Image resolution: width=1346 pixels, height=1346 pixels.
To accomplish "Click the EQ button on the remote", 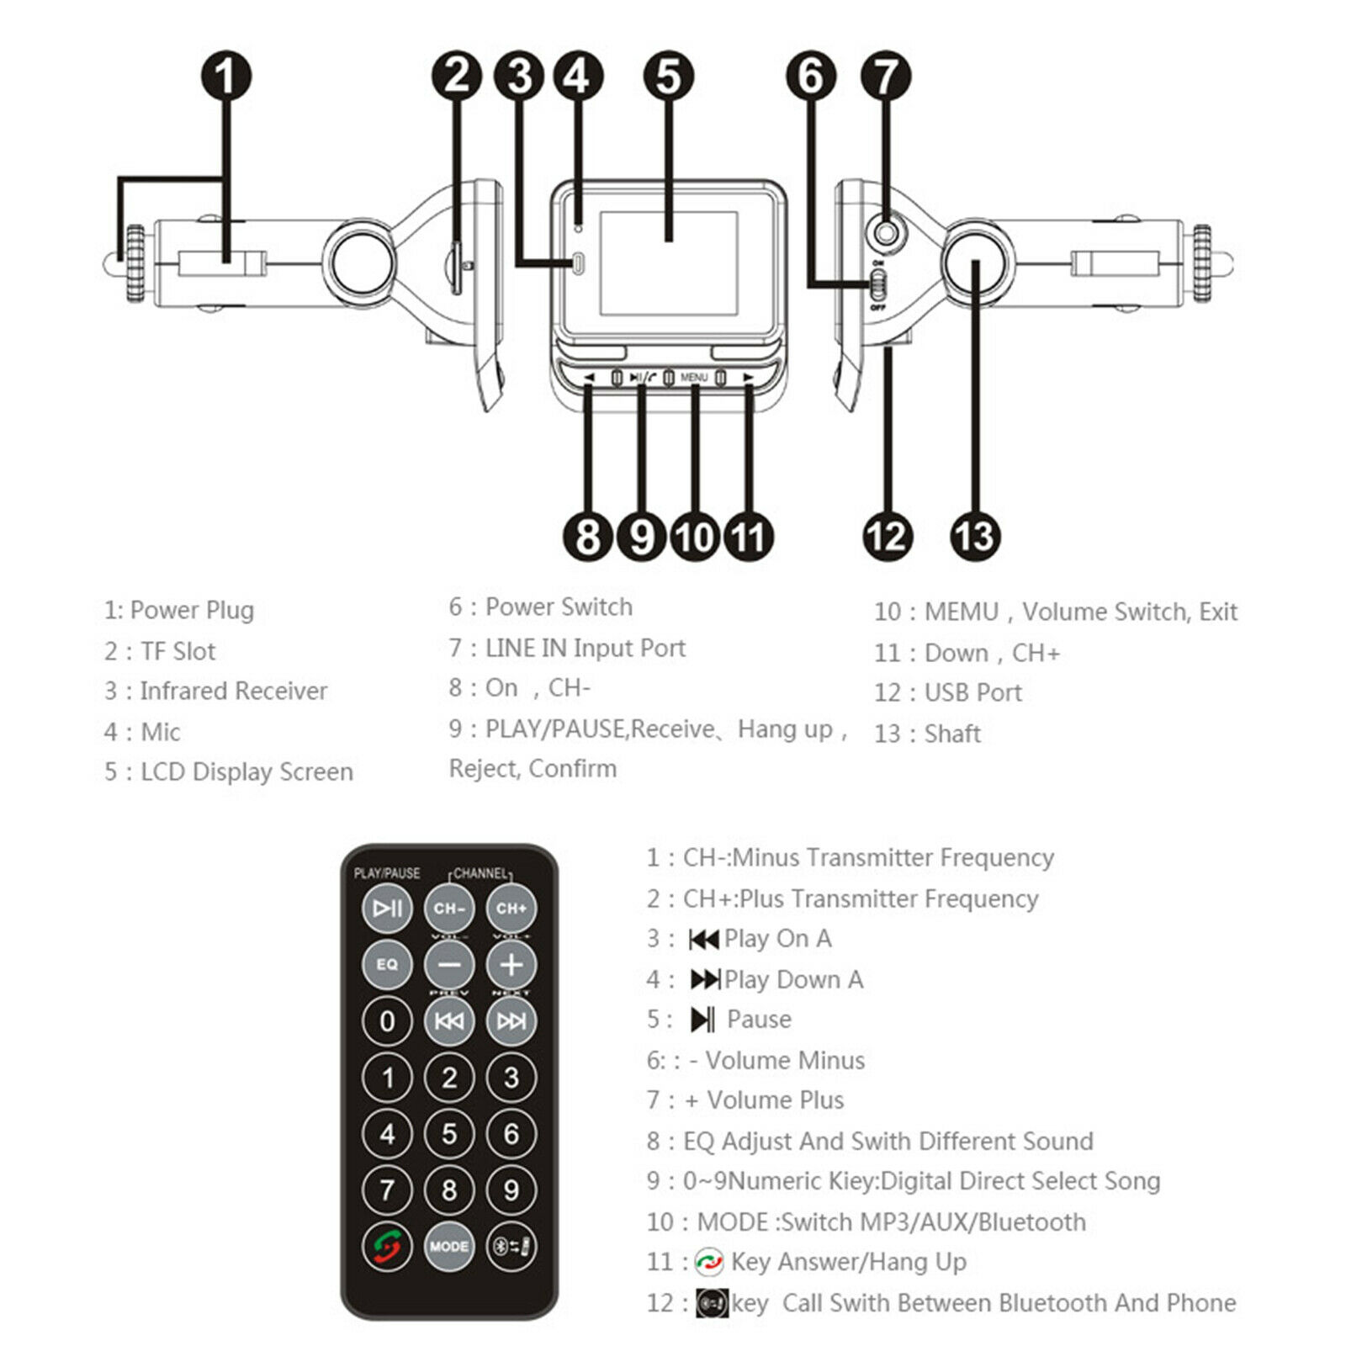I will point(387,964).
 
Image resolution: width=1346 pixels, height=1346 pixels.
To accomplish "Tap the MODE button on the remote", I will point(449,1246).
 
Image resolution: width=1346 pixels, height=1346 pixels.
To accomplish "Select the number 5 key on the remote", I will point(449,1133).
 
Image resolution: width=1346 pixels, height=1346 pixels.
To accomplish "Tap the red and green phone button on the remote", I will point(387,1246).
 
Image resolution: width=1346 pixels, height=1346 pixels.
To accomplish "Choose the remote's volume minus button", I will point(449,964).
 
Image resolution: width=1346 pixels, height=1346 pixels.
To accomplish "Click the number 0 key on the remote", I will point(387,1020).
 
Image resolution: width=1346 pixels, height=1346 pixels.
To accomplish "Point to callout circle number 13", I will point(975,536).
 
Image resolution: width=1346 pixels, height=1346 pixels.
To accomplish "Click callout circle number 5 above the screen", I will point(668,76).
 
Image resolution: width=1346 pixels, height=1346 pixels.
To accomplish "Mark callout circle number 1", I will point(225,76).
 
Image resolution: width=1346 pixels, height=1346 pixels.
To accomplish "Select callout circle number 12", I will point(888,536).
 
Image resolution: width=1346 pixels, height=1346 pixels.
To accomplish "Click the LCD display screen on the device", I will point(669,262).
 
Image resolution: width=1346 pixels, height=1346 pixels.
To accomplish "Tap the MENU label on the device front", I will point(694,378).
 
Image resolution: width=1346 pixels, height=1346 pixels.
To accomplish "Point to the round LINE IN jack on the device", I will point(883,231).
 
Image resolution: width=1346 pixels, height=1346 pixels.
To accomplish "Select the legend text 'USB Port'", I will point(972,692).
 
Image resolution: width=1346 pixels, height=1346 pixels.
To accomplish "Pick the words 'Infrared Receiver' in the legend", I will point(233,691).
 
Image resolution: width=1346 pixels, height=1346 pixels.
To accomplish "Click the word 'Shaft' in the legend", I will point(952,734).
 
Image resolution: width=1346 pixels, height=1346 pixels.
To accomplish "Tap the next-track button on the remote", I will point(511,1020).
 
